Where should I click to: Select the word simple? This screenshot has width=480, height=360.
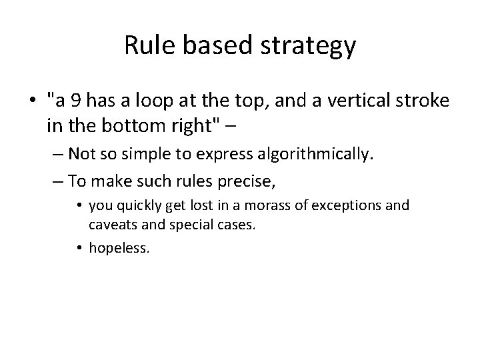click(157, 155)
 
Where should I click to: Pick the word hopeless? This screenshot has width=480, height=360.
click(120, 248)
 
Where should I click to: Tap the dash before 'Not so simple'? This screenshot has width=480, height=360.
click(56, 155)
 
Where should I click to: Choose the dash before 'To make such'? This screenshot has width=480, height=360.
click(56, 180)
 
